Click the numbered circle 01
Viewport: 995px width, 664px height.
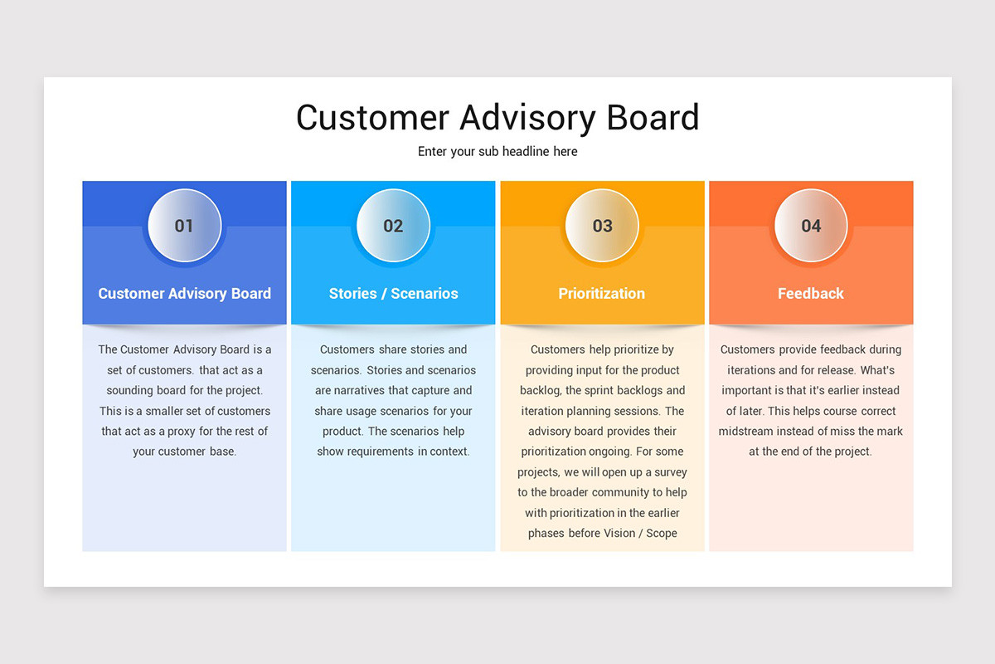[x=184, y=226]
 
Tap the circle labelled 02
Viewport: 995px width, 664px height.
[x=393, y=226]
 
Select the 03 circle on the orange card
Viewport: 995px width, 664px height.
[x=602, y=226]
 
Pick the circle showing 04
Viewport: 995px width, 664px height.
[x=811, y=226]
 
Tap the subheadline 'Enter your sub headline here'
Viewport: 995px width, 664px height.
[x=498, y=152]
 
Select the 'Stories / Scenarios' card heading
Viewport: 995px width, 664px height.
[x=393, y=294]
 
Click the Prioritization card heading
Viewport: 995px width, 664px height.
[x=601, y=294]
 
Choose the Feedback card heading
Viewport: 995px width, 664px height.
[x=810, y=294]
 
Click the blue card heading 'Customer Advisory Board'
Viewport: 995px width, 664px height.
[x=184, y=294]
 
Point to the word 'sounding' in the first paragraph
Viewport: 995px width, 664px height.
[x=132, y=391]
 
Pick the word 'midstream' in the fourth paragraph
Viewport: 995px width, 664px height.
[x=745, y=432]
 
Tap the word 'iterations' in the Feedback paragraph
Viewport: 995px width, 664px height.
[x=755, y=370]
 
